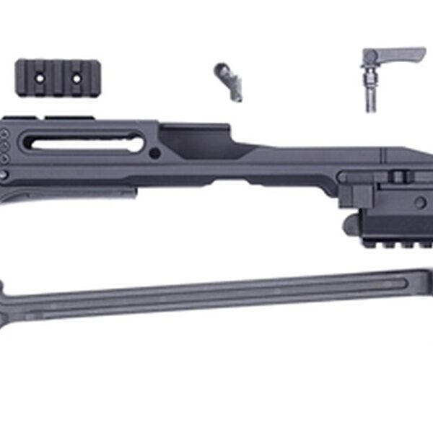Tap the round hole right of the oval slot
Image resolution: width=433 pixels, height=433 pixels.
(x=154, y=153)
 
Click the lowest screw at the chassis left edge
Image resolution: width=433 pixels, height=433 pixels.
(x=4, y=175)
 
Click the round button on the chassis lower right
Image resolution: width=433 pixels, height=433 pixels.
(x=420, y=203)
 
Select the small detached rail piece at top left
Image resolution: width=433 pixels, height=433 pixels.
(x=58, y=76)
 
